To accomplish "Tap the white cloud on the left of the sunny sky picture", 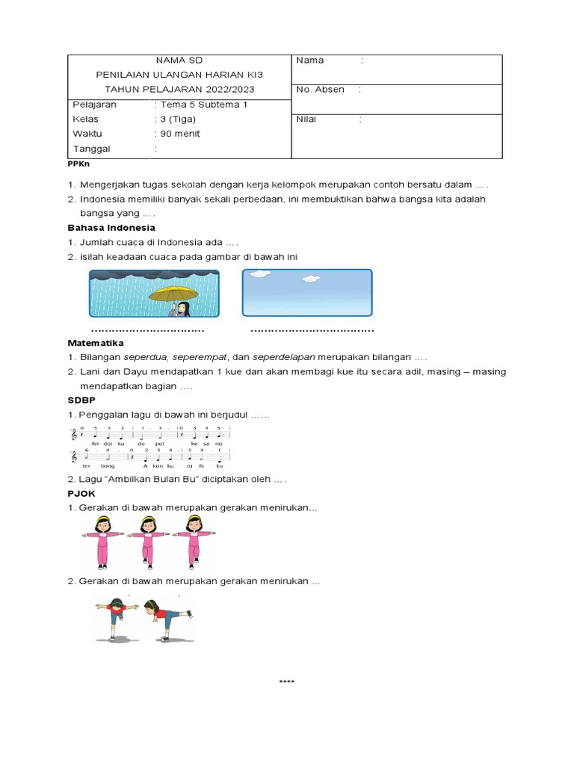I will [x=259, y=275].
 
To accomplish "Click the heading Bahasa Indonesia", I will [x=111, y=227].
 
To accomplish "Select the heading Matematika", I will [x=96, y=342].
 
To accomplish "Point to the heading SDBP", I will [x=81, y=400].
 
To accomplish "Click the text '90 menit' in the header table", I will [x=179, y=134].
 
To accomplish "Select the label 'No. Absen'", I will [x=320, y=90].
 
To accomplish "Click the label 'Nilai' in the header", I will [x=306, y=119].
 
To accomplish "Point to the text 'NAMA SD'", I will [x=179, y=60].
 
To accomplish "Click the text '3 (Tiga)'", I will [x=177, y=119].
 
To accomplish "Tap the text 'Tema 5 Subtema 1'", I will [x=203, y=105].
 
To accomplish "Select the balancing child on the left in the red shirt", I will [x=117, y=618].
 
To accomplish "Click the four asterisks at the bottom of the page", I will [x=287, y=682].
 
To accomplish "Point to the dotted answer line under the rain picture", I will [x=147, y=330].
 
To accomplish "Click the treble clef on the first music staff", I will [x=73, y=433].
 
